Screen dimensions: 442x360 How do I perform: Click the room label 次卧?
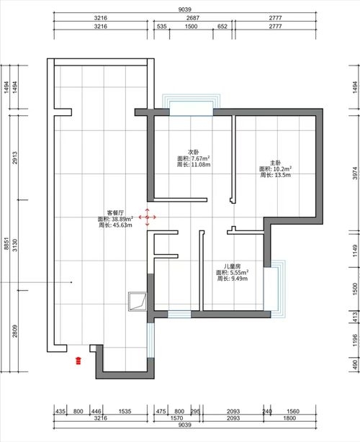(x=193, y=152)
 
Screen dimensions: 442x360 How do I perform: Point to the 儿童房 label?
(x=232, y=266)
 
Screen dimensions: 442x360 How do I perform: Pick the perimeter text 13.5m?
(x=279, y=175)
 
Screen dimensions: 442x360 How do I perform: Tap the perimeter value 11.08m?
(x=197, y=165)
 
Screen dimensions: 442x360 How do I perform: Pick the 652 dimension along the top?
(x=222, y=26)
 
